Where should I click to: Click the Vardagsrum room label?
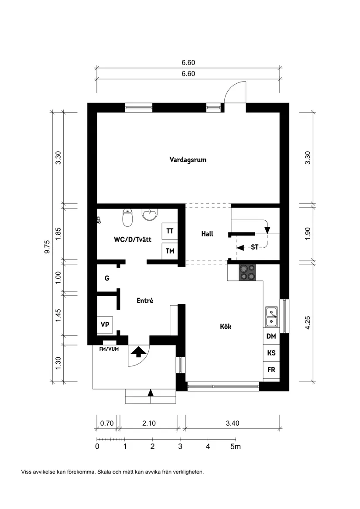tap(188, 160)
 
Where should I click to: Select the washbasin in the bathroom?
tap(150, 215)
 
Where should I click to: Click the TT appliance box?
tap(170, 231)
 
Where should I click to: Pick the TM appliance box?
tap(170, 251)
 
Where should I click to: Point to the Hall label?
tap(207, 234)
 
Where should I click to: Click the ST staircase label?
tap(254, 247)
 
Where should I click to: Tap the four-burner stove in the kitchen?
tap(247, 273)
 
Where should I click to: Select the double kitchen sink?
tap(271, 317)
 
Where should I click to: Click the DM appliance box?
tap(271, 336)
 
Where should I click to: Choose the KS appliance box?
tap(271, 353)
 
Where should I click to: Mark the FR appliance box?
tap(271, 370)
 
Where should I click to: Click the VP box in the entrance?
tap(105, 325)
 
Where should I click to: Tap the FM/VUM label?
tap(109, 349)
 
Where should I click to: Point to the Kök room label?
tap(226, 326)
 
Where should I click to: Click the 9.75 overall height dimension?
tap(48, 247)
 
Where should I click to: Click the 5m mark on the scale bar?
tap(236, 447)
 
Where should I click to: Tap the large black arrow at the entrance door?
tap(139, 351)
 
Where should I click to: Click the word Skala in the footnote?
tap(104, 472)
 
